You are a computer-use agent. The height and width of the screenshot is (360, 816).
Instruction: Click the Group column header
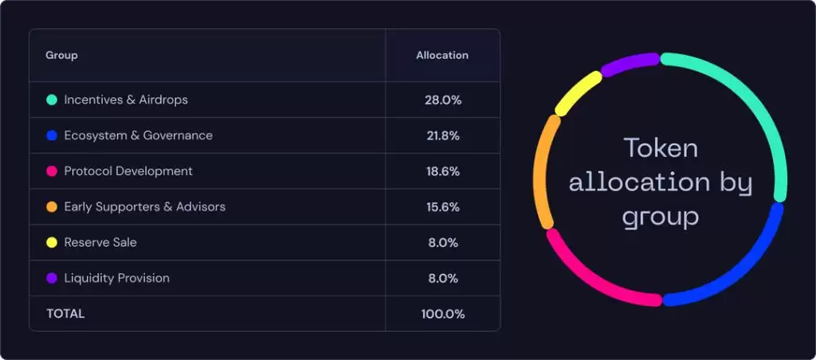pyautogui.click(x=61, y=56)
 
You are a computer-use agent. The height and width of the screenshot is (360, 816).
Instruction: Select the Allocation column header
pyautogui.click(x=442, y=56)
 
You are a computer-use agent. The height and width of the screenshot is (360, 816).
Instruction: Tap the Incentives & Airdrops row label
pyautogui.click(x=126, y=100)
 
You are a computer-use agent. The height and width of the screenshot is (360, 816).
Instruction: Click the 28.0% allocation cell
pyautogui.click(x=443, y=100)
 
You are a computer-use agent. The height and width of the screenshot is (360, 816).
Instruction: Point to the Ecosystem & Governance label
pyautogui.click(x=138, y=135)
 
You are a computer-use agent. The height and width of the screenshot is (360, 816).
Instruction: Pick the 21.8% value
pyautogui.click(x=443, y=135)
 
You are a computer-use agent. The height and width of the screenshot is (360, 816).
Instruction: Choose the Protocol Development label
pyautogui.click(x=128, y=171)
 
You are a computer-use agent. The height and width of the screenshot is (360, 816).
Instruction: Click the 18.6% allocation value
pyautogui.click(x=443, y=171)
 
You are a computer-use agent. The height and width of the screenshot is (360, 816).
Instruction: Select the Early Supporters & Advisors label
pyautogui.click(x=144, y=207)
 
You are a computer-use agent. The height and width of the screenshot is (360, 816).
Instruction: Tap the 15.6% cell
pyautogui.click(x=443, y=207)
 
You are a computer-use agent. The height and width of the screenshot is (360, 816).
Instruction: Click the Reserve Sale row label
pyautogui.click(x=100, y=242)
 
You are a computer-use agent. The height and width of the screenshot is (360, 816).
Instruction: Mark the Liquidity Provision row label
pyautogui.click(x=116, y=278)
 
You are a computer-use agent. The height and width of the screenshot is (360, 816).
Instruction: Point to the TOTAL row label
pyautogui.click(x=65, y=314)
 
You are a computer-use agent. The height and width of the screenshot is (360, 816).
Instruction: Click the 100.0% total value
pyautogui.click(x=443, y=314)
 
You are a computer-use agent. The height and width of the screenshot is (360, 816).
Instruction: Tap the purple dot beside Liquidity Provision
pyautogui.click(x=52, y=278)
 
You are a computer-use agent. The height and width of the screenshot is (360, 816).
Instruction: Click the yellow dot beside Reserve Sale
pyautogui.click(x=52, y=242)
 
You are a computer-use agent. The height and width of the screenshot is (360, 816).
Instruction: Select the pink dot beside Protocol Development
pyautogui.click(x=52, y=171)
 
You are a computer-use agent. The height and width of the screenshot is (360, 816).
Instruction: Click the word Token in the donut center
pyautogui.click(x=661, y=148)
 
